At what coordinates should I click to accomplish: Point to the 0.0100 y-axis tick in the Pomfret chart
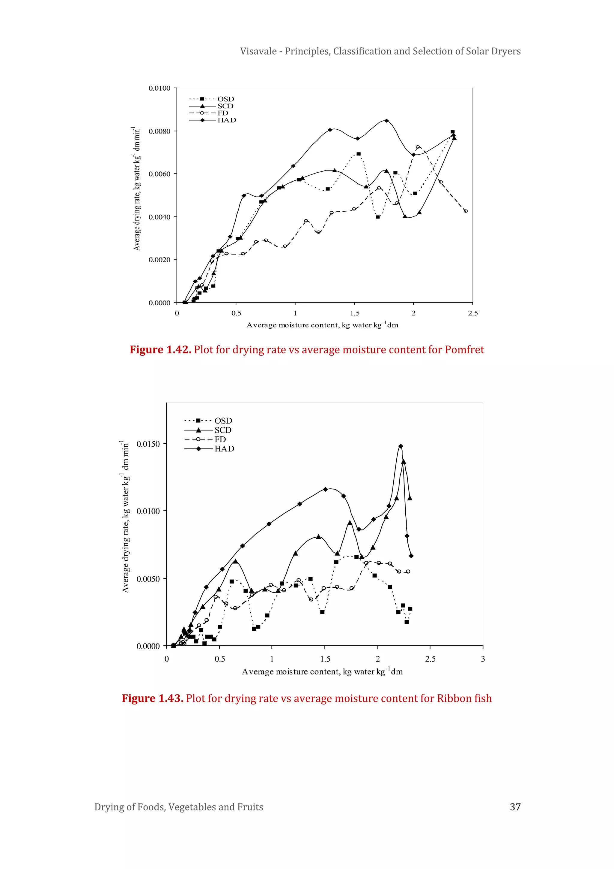click(x=159, y=88)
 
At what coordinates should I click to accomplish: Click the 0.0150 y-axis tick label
click(x=148, y=444)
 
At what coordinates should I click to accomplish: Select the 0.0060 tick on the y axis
click(x=159, y=174)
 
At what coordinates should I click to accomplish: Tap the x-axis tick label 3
click(x=483, y=659)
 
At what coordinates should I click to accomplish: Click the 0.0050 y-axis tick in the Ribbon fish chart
click(x=148, y=579)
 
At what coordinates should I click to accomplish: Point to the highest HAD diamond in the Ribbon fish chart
click(x=401, y=446)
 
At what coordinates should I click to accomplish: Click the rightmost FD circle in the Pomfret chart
click(x=465, y=211)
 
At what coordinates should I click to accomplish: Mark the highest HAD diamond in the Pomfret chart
click(x=386, y=121)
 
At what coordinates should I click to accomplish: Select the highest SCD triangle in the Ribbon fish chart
click(x=404, y=461)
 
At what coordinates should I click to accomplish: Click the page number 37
click(x=515, y=807)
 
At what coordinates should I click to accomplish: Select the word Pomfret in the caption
click(x=464, y=350)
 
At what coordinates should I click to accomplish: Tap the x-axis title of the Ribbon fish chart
click(x=322, y=672)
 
